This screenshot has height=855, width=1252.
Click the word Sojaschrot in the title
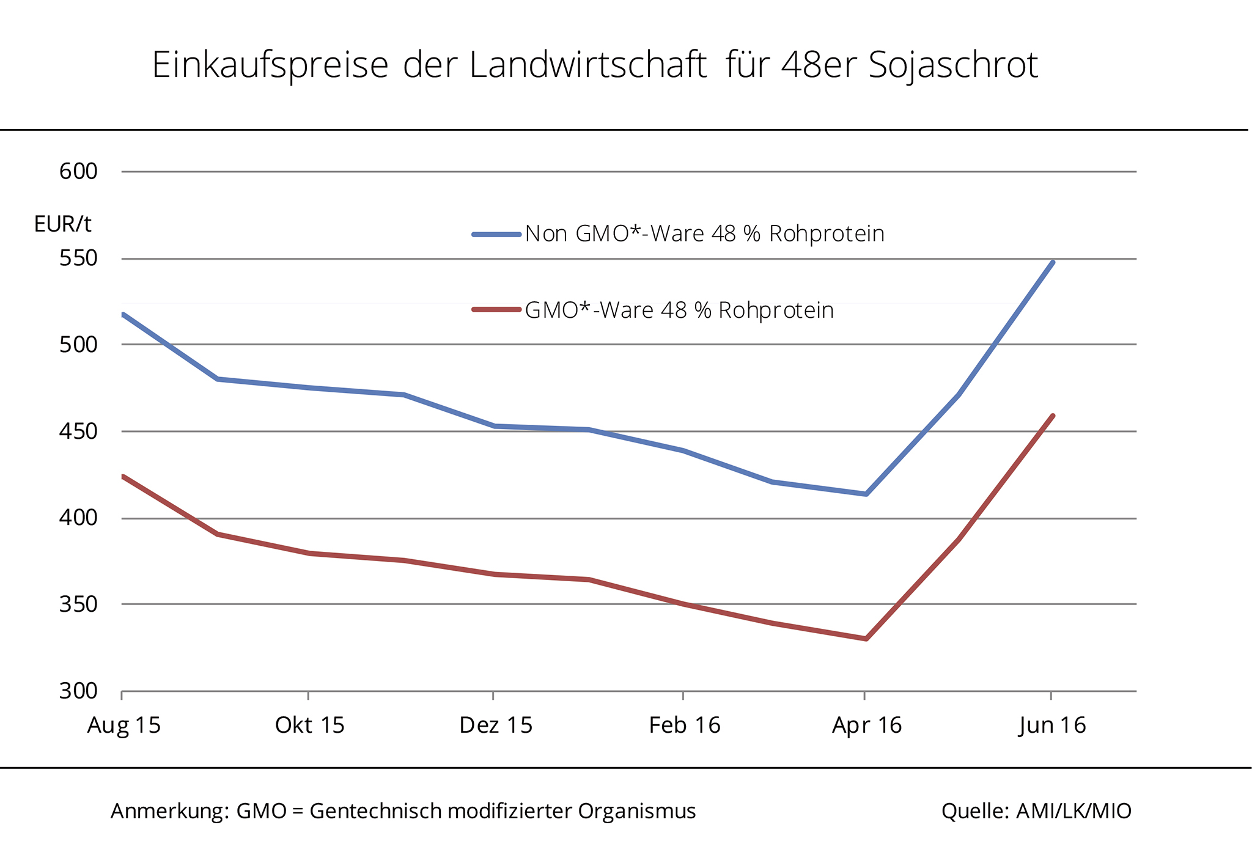coord(953,65)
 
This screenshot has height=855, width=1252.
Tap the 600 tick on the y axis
coord(78,171)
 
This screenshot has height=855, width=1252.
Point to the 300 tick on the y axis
coord(78,691)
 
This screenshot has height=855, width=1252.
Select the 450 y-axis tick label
coord(78,431)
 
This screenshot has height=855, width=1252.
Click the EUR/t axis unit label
coord(62,224)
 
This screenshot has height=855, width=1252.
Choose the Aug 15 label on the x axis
coord(124,725)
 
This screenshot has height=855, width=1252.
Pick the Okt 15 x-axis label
coord(310,725)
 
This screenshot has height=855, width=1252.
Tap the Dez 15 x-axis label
coord(496,725)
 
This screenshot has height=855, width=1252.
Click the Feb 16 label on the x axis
coord(685,725)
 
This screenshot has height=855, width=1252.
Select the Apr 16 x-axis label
coord(867,725)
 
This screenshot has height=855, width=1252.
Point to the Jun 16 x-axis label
coord(1052,725)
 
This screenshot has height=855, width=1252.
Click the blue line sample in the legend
coord(496,234)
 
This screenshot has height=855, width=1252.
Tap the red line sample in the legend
coord(496,310)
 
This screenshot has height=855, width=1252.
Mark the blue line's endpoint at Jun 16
coord(1053,262)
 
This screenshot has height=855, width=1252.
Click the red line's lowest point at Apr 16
coord(866,639)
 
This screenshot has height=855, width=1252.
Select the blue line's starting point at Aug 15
coord(123,315)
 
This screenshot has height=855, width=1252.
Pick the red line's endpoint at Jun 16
coord(1053,416)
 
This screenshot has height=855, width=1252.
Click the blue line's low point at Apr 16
coord(866,494)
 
